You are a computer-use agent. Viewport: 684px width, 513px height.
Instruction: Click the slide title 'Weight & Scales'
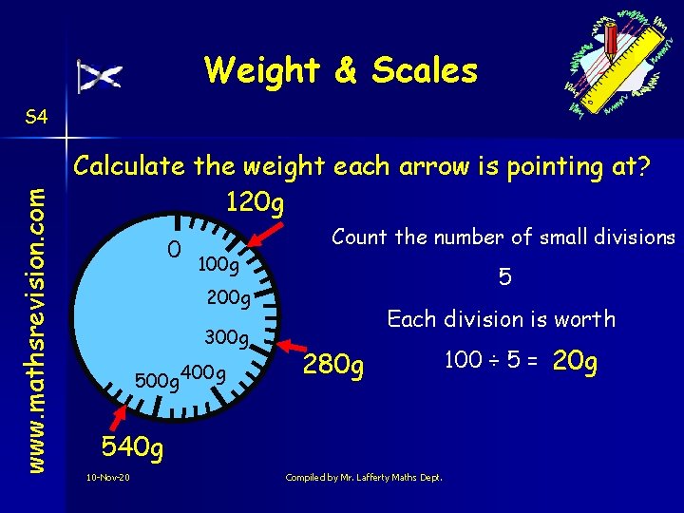click(x=340, y=70)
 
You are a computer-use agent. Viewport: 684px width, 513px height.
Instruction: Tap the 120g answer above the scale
click(x=256, y=202)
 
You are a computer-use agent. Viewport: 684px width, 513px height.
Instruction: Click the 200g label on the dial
click(x=228, y=299)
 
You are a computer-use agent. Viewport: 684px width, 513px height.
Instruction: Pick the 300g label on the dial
click(x=226, y=337)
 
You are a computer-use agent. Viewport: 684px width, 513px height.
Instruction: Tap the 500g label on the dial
click(x=159, y=381)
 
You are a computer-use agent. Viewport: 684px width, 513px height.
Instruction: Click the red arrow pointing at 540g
click(x=122, y=416)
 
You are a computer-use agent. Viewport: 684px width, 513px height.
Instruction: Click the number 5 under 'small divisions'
click(x=505, y=277)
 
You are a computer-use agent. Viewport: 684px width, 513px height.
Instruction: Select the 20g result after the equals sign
click(x=574, y=362)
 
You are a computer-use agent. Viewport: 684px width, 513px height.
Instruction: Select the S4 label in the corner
click(x=37, y=117)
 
